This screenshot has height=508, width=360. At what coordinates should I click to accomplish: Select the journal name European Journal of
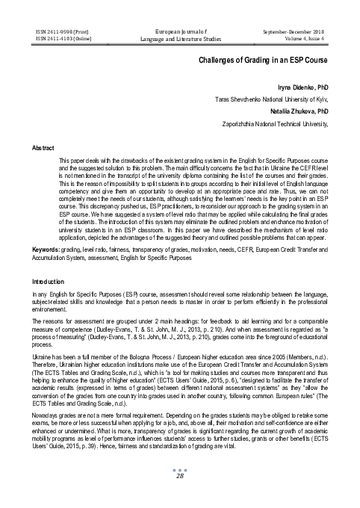(180, 32)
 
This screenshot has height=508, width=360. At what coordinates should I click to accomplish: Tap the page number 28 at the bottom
(180, 497)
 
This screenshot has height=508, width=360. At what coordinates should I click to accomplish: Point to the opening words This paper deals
(80, 161)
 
